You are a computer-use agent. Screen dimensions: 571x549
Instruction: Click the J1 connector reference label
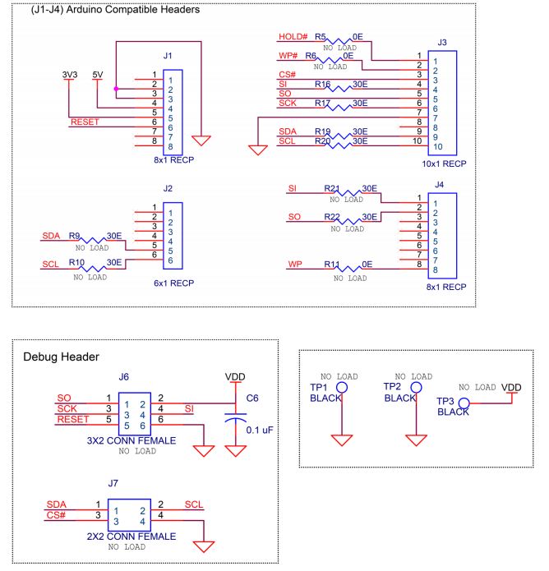(x=168, y=56)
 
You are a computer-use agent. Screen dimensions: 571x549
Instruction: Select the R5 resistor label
(x=321, y=38)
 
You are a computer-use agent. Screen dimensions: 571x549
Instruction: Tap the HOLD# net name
(x=293, y=38)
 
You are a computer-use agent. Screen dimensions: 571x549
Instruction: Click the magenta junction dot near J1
(x=116, y=88)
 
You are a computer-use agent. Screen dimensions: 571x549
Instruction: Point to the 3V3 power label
(x=71, y=74)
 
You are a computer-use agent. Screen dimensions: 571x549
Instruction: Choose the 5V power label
(x=99, y=74)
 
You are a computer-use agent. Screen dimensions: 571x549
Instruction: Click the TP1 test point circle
(x=341, y=387)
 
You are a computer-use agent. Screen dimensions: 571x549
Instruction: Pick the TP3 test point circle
(x=464, y=403)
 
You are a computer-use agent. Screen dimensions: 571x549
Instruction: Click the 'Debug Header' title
(x=62, y=357)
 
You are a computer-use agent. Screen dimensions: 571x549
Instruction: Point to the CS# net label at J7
(x=57, y=516)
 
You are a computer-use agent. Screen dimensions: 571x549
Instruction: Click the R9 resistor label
(x=75, y=236)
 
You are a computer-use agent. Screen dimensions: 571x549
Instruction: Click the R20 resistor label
(x=322, y=141)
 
